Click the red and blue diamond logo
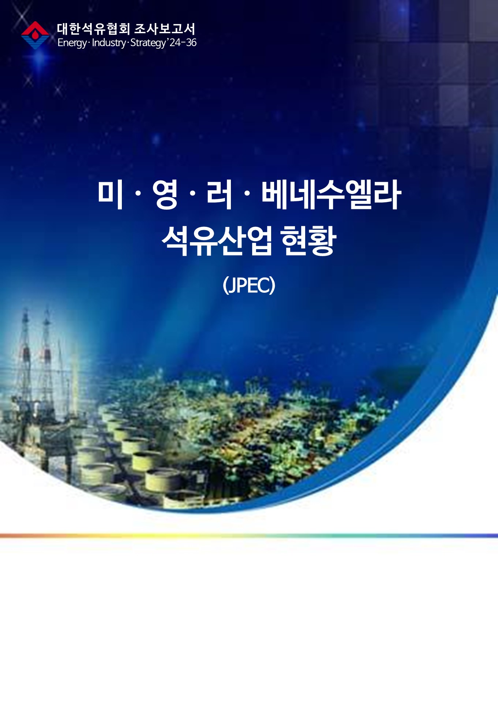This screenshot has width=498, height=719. click(x=35, y=35)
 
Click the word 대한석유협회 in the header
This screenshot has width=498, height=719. click(x=93, y=29)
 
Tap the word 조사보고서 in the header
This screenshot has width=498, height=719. click(x=165, y=29)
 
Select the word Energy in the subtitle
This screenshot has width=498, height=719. click(x=72, y=43)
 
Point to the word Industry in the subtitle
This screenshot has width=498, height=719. click(x=109, y=42)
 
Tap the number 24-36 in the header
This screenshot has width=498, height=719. click(x=183, y=42)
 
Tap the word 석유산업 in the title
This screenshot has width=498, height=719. click(x=217, y=240)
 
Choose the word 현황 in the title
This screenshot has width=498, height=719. click(x=308, y=240)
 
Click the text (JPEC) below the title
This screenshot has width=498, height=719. click(x=249, y=285)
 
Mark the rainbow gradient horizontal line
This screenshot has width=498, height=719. click(x=249, y=536)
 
